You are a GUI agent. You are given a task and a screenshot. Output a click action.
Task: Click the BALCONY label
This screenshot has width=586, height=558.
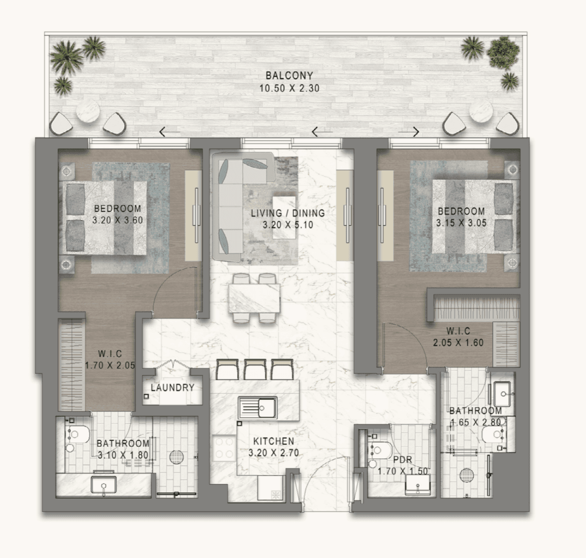coord(289,76)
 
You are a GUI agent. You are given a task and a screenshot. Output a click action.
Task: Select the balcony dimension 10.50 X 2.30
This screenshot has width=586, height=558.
coord(289,88)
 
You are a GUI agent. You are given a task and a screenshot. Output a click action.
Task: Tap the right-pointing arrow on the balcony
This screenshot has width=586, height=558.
coord(409,131)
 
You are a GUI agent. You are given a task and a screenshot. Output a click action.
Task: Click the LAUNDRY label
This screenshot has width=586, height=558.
coord(172,387)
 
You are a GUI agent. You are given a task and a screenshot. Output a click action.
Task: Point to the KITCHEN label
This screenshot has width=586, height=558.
coord(273,441)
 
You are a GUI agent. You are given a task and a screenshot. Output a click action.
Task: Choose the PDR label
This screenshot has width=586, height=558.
coord(402,460)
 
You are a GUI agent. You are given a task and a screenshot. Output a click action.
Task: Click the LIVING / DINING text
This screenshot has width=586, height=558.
coord(288,213)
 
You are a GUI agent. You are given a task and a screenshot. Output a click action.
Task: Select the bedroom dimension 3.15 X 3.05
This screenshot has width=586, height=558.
coord(461,223)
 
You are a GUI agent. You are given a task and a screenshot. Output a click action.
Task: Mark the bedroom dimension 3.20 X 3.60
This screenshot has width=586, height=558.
coord(118,220)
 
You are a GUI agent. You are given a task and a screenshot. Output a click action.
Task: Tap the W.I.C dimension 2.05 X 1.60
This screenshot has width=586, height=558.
coord(458,343)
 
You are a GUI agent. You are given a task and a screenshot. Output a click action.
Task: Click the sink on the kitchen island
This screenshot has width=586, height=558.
coord(258,406)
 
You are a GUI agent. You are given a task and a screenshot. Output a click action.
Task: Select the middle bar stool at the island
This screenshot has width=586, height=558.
coord(255,369)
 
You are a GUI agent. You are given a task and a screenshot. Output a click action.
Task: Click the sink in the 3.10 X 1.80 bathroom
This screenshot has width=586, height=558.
coord(103,485)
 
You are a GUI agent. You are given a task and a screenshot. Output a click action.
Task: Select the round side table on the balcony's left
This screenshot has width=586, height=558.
coord(88,113)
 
